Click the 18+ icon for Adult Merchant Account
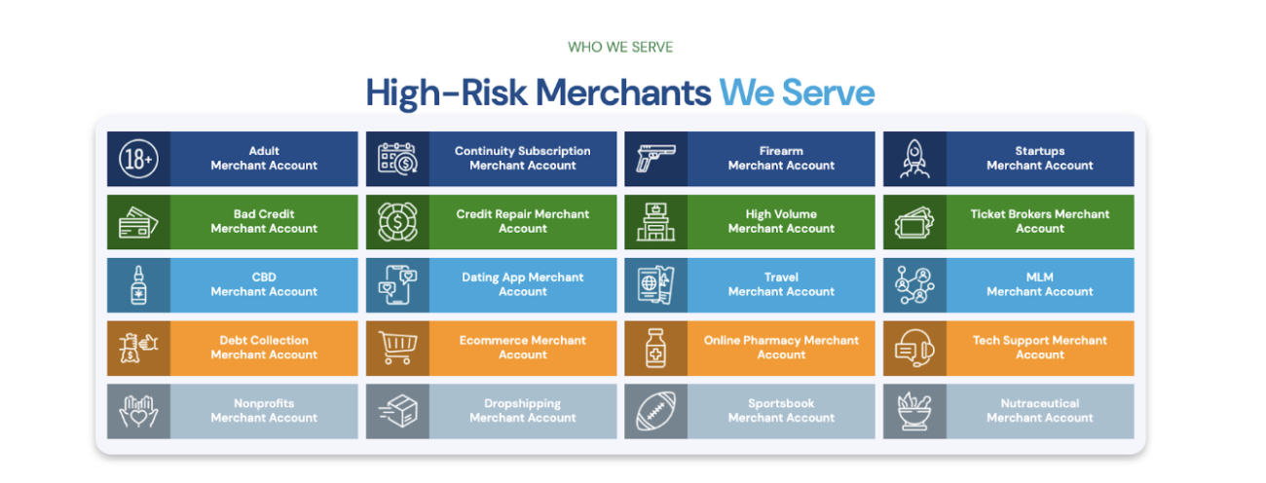pyautogui.click(x=138, y=159)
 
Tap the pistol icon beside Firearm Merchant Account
pyautogui.click(x=655, y=159)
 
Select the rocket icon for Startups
pyautogui.click(x=914, y=159)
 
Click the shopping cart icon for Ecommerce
pyautogui.click(x=396, y=348)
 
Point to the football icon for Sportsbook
pyautogui.click(x=655, y=411)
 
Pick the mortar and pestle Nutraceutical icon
pyautogui.click(x=914, y=411)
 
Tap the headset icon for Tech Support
pyautogui.click(x=914, y=348)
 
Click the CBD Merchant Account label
pyautogui.click(x=264, y=284)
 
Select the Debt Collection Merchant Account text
pyautogui.click(x=264, y=348)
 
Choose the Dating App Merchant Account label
pyautogui.click(x=523, y=284)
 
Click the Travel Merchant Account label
pyautogui.click(x=781, y=284)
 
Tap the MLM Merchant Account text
pyautogui.click(x=1040, y=284)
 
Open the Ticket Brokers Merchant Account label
pyautogui.click(x=1040, y=221)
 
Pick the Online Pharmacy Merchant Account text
pyautogui.click(x=781, y=348)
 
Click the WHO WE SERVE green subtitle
pyautogui.click(x=620, y=47)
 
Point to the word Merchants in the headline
pyautogui.click(x=623, y=93)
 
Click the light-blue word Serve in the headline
pyautogui.click(x=829, y=93)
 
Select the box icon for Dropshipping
pyautogui.click(x=396, y=411)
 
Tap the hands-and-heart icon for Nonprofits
pyautogui.click(x=138, y=411)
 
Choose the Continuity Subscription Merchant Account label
pyautogui.click(x=523, y=159)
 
